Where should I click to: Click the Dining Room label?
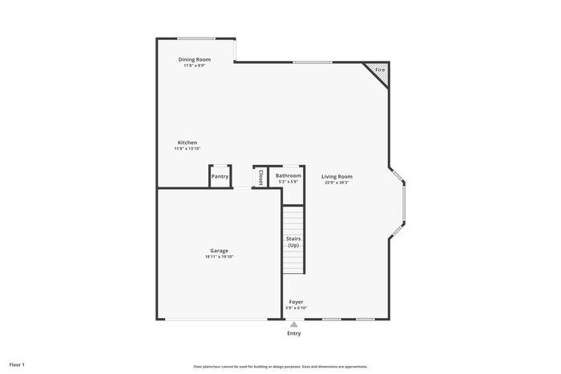(194, 59)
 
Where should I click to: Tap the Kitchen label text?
(188, 143)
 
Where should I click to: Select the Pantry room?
(220, 176)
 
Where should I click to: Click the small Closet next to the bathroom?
(260, 176)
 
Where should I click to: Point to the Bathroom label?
(289, 175)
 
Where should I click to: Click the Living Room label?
(337, 176)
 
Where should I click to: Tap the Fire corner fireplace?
(379, 70)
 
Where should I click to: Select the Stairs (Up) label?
(293, 242)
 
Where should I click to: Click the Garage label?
(219, 251)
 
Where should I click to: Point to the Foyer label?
(297, 302)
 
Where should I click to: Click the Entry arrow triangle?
(294, 324)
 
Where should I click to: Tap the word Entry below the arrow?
(294, 333)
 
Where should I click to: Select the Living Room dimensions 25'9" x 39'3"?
(337, 183)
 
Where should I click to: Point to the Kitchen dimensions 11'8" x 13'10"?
(188, 149)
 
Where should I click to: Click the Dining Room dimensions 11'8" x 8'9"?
(194, 66)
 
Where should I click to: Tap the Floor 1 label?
(17, 364)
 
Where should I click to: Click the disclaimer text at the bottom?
(280, 366)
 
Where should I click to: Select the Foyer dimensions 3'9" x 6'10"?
(297, 308)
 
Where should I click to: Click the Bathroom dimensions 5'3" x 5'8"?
(289, 182)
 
